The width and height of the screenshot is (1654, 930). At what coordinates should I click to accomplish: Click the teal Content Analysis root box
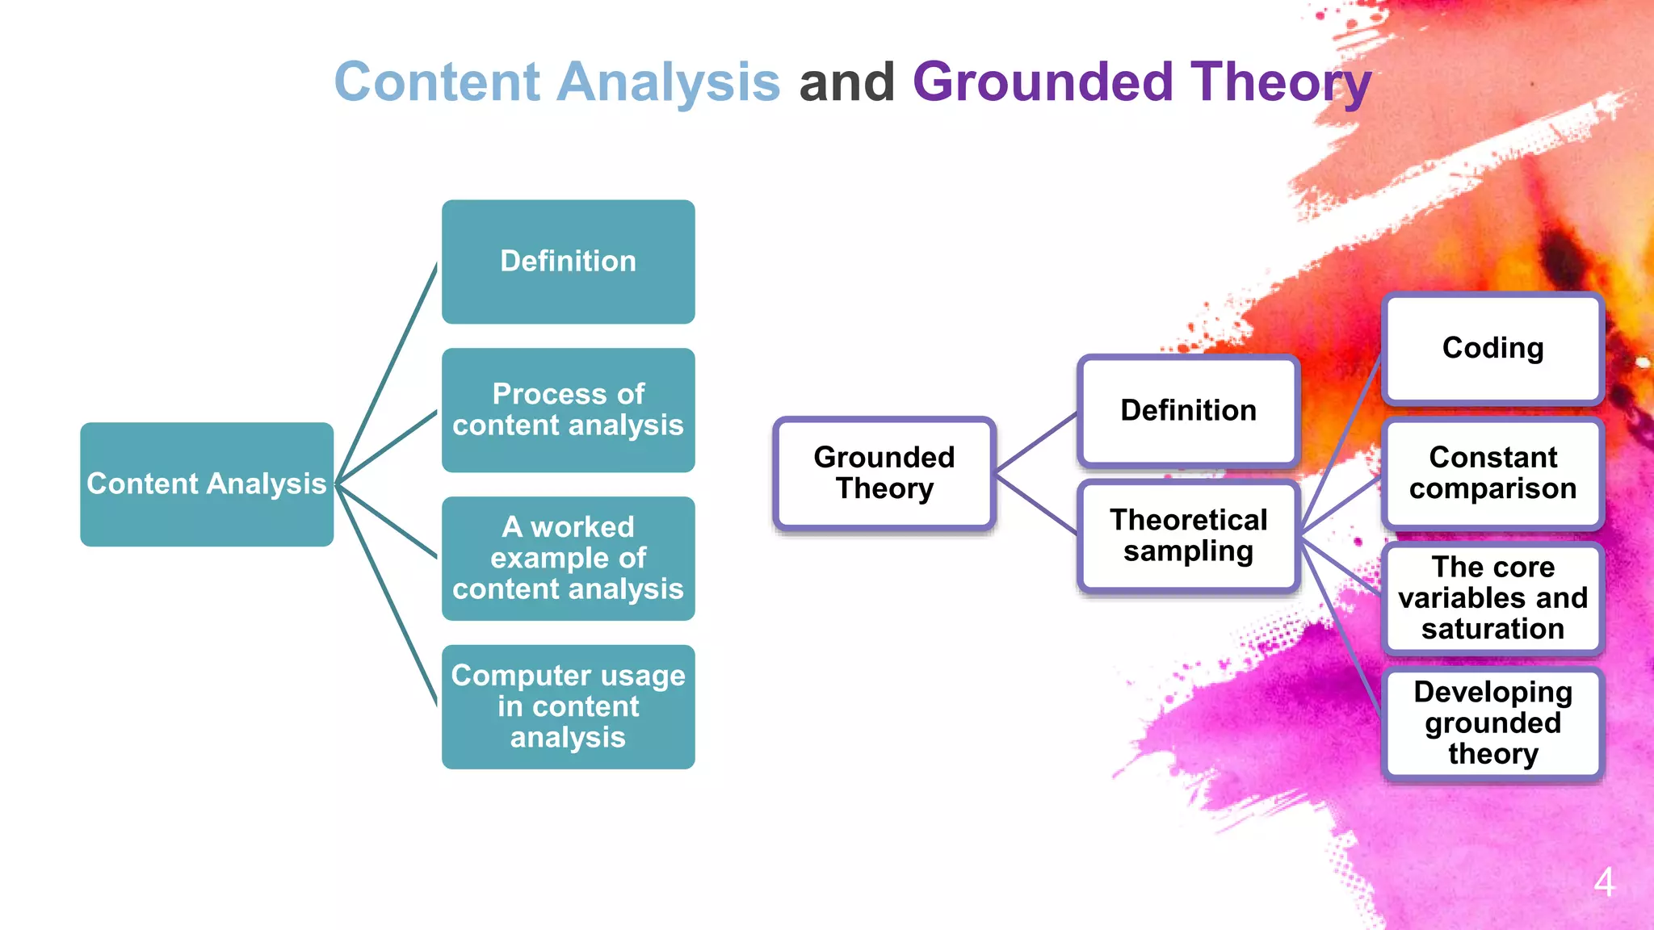[x=207, y=484]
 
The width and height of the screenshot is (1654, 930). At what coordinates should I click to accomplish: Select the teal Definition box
[x=568, y=262]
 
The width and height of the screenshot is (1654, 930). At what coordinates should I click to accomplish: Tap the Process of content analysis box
[x=568, y=410]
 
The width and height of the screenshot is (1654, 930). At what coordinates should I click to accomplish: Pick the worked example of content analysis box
[x=568, y=559]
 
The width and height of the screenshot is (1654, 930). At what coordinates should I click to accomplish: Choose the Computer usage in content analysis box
[x=568, y=707]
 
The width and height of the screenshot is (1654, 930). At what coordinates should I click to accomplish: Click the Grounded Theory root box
[x=884, y=473]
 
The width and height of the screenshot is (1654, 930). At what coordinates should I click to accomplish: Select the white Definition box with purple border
[x=1188, y=411]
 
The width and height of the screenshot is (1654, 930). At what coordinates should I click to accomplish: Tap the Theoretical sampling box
[x=1188, y=536]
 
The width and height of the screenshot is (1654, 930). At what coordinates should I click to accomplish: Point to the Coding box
[x=1492, y=349]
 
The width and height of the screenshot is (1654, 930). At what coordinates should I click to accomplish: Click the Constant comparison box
[x=1492, y=473]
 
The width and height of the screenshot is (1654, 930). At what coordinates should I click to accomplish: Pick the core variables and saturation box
[x=1492, y=598]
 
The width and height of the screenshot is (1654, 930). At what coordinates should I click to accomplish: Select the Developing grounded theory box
[x=1492, y=723]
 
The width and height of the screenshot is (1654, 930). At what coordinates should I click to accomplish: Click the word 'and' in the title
[x=846, y=82]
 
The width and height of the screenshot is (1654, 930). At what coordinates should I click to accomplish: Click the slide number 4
[x=1604, y=882]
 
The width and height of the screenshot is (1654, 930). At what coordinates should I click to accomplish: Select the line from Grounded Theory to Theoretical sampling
[x=1036, y=505]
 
